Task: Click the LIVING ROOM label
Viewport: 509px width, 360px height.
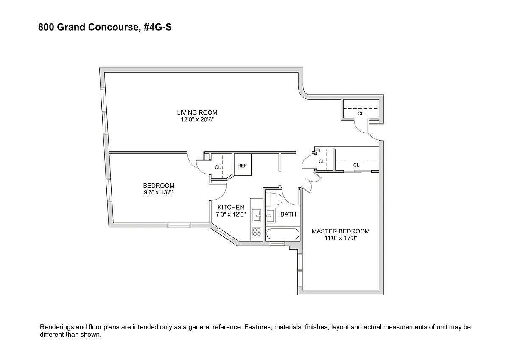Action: tap(197, 112)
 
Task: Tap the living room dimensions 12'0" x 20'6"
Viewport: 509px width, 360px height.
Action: tap(197, 119)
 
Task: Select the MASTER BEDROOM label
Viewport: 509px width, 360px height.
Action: tap(341, 231)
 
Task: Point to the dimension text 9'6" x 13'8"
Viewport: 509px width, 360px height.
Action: tap(159, 192)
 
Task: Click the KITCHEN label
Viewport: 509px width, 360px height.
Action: tap(231, 208)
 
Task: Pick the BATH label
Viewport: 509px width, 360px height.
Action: tap(288, 214)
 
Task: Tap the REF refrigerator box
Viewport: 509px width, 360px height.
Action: tap(243, 164)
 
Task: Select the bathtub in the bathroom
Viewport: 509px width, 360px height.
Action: tap(282, 234)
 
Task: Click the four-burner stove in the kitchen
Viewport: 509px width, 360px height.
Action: tap(257, 232)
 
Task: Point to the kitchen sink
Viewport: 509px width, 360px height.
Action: tap(257, 215)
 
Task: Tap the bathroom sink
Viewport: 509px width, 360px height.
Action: tap(271, 215)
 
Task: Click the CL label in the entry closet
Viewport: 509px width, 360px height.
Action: tap(361, 113)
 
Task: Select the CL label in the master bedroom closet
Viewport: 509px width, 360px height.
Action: tap(356, 165)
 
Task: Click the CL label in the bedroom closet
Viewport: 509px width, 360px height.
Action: tap(218, 167)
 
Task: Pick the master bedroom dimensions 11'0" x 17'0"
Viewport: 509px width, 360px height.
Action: tap(341, 238)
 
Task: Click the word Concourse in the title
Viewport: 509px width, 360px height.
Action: tap(113, 27)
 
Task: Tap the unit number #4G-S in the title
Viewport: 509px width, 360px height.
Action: tap(157, 27)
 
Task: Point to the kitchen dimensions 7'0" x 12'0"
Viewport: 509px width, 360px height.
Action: tap(231, 214)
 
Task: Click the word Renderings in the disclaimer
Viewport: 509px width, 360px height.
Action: tap(56, 327)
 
